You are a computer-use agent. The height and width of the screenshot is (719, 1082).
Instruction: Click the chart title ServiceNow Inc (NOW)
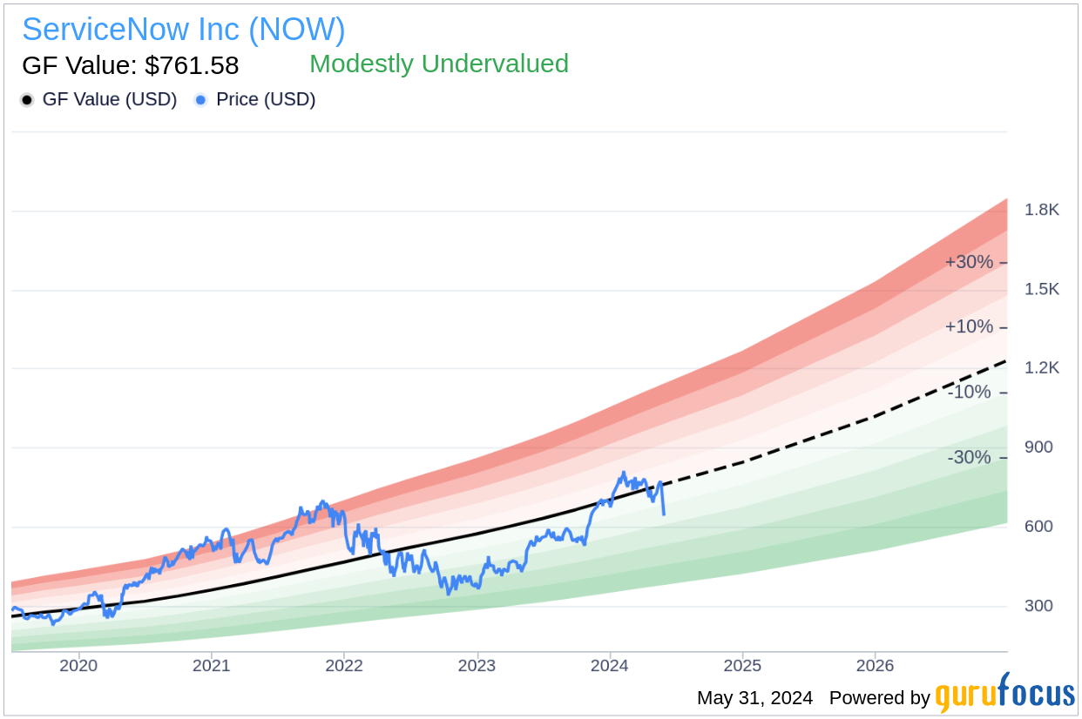tap(184, 30)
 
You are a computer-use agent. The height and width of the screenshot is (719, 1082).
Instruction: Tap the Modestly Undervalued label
tap(439, 64)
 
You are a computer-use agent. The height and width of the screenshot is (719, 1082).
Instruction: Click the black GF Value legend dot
tap(27, 100)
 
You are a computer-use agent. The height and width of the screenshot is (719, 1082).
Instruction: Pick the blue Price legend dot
tap(200, 100)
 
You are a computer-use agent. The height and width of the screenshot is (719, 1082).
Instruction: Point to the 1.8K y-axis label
tap(1042, 210)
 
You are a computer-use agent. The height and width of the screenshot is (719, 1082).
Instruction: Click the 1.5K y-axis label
tap(1042, 289)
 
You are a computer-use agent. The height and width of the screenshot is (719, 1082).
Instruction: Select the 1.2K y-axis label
tap(1042, 368)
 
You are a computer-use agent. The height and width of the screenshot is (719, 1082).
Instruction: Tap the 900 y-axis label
tap(1039, 447)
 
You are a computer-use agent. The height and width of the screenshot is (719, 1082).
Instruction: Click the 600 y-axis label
tap(1039, 527)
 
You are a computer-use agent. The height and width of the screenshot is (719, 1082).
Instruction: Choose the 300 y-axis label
tap(1039, 606)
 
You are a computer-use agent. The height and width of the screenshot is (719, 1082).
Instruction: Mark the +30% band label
tap(969, 262)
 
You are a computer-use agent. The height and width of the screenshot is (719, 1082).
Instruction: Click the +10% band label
tap(969, 327)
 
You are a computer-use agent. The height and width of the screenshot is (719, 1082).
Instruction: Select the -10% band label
tap(969, 393)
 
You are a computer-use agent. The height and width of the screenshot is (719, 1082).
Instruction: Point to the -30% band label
tap(969, 458)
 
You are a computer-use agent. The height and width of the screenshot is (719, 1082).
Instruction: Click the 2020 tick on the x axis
tap(78, 666)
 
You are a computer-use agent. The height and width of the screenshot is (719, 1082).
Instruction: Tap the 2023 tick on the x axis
tap(477, 666)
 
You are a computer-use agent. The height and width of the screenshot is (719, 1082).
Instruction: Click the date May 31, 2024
tap(754, 698)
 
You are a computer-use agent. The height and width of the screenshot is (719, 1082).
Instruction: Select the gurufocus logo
tap(1004, 695)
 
